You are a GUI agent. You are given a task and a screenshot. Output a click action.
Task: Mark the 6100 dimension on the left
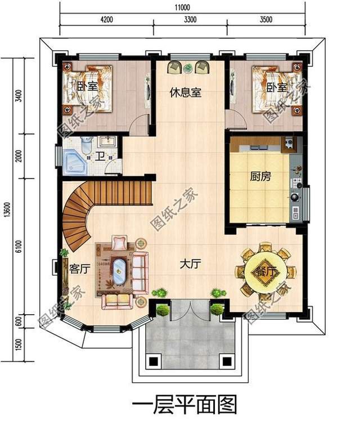(19, 246)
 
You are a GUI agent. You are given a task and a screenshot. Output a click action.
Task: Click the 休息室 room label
(186, 93)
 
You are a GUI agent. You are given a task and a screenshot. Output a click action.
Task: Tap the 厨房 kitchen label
(260, 177)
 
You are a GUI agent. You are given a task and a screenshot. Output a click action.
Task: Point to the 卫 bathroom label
(99, 157)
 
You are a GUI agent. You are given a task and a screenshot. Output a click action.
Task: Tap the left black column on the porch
(151, 361)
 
